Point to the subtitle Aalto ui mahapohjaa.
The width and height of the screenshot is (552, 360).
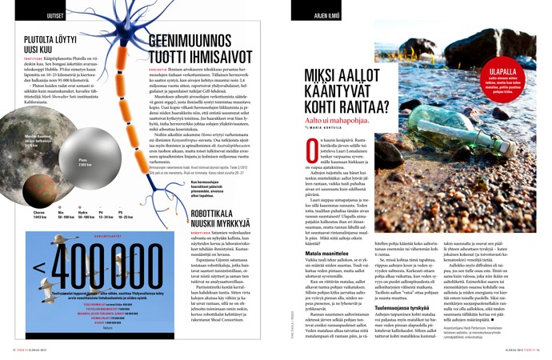click(x=355, y=119)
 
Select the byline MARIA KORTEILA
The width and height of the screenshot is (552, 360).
click(x=350, y=129)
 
